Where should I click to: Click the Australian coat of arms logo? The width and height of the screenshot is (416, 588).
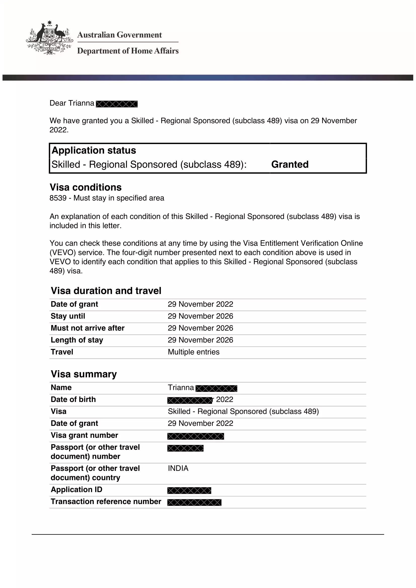click(49, 38)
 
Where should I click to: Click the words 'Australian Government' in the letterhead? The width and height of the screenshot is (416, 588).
click(119, 35)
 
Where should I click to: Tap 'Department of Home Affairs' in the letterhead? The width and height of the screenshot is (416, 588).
click(128, 51)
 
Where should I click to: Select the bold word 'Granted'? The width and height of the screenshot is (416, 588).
click(290, 164)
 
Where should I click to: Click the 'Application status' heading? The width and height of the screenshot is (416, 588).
click(94, 150)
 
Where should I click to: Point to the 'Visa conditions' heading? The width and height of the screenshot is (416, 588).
click(86, 187)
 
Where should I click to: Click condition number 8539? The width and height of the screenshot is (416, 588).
click(58, 198)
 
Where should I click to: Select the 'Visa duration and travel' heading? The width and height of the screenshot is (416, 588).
click(106, 291)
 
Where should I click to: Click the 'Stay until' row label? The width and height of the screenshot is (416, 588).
click(68, 316)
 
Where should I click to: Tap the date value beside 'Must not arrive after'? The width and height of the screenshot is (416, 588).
click(200, 328)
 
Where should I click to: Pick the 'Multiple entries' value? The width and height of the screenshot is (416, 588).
click(194, 352)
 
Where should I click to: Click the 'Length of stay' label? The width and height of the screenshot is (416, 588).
click(77, 340)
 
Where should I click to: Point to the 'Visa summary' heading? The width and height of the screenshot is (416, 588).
click(84, 374)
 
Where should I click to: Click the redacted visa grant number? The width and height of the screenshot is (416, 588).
click(196, 436)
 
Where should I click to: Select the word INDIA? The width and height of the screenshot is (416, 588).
click(178, 468)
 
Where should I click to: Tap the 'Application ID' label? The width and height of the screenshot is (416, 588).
click(77, 490)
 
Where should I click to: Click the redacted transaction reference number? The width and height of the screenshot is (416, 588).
click(194, 503)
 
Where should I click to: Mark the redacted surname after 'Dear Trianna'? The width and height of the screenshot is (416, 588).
click(117, 104)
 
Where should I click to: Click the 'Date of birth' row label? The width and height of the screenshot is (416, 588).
click(73, 399)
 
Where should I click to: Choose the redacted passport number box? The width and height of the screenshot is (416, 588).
click(185, 448)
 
